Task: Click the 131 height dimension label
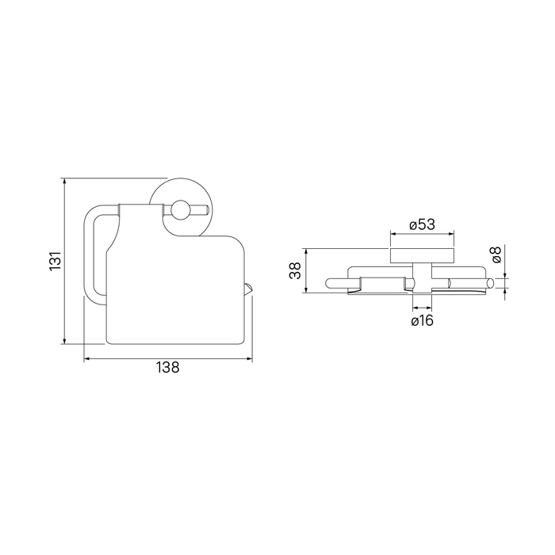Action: pyautogui.click(x=56, y=261)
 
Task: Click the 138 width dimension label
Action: pyautogui.click(x=168, y=367)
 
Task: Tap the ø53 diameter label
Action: pyautogui.click(x=422, y=224)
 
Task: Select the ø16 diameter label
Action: pyautogui.click(x=423, y=320)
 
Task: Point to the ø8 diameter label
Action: pyautogui.click(x=496, y=255)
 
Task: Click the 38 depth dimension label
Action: pyautogui.click(x=295, y=271)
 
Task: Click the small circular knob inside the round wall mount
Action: pyautogui.click(x=180, y=209)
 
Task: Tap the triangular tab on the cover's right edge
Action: pyautogui.click(x=248, y=289)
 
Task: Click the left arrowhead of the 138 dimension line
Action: pyautogui.click(x=86, y=359)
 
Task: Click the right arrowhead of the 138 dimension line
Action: pyautogui.click(x=249, y=359)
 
